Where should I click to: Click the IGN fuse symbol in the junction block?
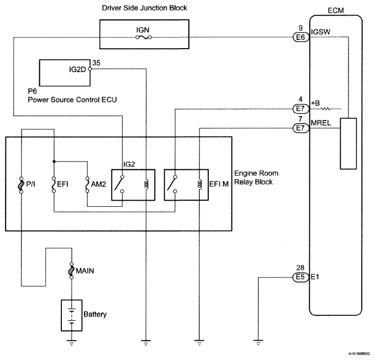click(x=144, y=38)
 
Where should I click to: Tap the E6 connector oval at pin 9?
click(x=301, y=38)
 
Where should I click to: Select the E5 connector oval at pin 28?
click(x=300, y=277)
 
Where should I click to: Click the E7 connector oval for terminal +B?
click(x=301, y=109)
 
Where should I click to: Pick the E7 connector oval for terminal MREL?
click(x=301, y=128)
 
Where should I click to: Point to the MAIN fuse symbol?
click(x=71, y=270)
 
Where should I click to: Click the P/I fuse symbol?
click(x=22, y=185)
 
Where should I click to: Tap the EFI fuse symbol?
click(x=54, y=185)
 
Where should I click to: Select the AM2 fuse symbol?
click(x=87, y=185)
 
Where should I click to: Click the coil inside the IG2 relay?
click(x=146, y=184)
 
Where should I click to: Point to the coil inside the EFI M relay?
click(x=199, y=184)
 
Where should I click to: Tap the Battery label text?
click(x=95, y=314)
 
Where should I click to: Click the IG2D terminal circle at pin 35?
click(x=90, y=69)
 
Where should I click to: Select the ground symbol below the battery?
click(x=71, y=342)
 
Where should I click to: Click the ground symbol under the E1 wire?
click(x=258, y=342)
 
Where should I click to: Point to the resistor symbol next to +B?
click(x=325, y=109)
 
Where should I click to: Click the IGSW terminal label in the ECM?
click(x=320, y=32)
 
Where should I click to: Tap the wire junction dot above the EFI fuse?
click(x=54, y=161)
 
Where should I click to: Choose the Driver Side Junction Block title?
click(x=145, y=8)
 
